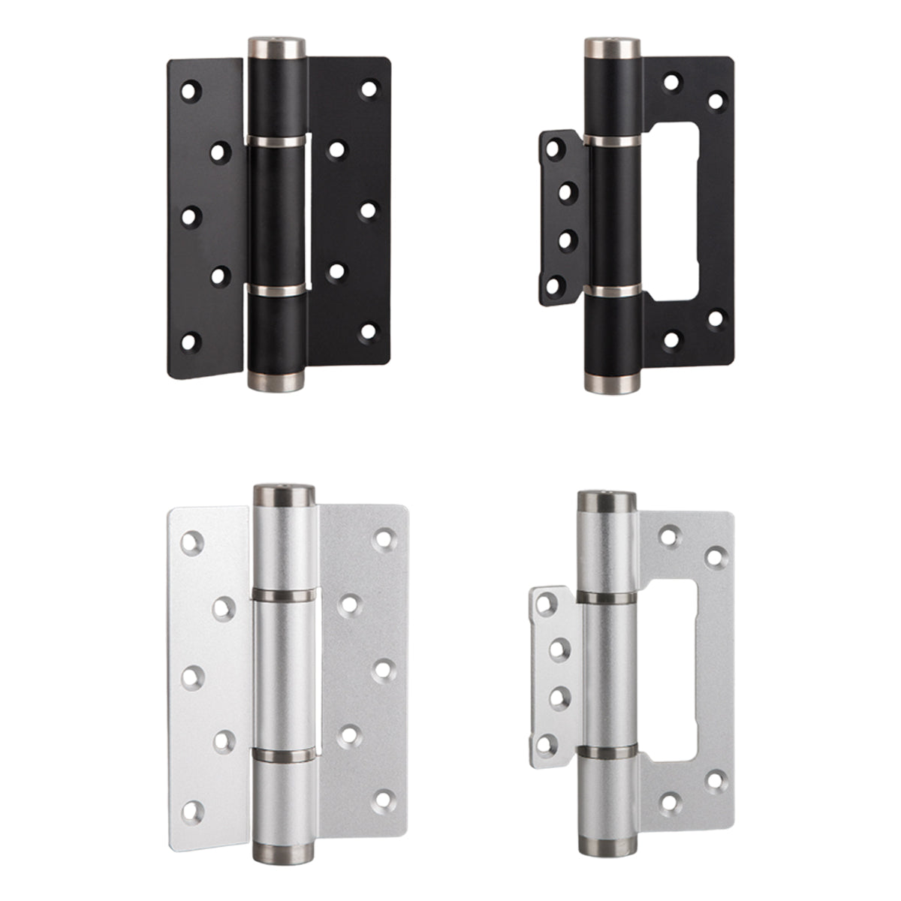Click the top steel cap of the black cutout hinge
(612, 47)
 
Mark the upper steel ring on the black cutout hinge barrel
(612, 140)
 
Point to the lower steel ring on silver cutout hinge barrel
(607, 752)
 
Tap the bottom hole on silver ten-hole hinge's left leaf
(194, 810)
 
